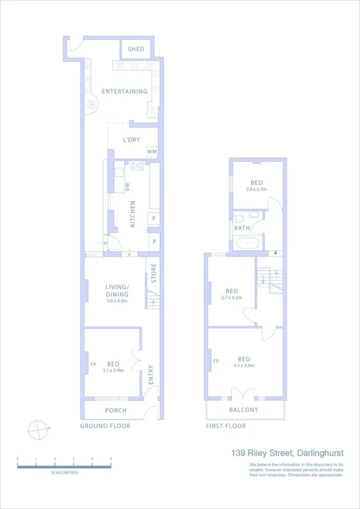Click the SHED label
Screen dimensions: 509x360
136,49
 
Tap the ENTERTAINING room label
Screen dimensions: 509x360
124,91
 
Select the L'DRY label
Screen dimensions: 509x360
131,139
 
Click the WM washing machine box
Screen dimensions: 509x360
152,152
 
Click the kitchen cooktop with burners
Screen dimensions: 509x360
137,167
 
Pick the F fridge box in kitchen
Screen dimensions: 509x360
154,218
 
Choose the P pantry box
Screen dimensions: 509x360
154,241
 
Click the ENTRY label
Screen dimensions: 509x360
151,372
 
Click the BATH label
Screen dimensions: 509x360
242,229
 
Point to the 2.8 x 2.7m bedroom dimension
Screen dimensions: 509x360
257,190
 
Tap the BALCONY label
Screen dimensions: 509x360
243,410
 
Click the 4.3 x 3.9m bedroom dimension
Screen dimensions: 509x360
244,366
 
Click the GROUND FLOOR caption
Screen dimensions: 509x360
105,426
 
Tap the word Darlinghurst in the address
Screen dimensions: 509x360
315,453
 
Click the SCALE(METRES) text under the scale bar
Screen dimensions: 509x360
65,472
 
